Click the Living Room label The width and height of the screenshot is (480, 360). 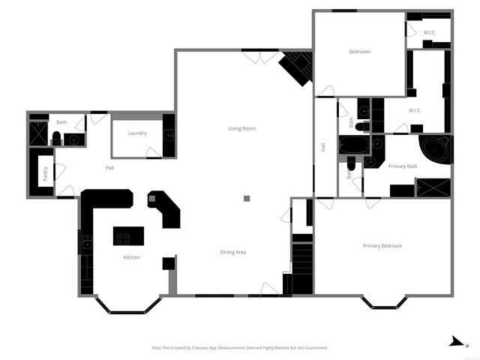242,129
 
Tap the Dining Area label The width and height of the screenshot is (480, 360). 233,252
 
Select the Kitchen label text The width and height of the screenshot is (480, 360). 132,257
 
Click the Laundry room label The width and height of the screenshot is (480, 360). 137,133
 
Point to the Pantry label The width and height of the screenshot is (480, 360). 46,173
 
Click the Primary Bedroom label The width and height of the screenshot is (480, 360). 382,246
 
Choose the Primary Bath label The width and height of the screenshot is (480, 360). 403,166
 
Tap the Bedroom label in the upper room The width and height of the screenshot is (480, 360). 359,52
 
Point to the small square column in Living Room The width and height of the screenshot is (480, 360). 247,199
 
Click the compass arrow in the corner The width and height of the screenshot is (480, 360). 454,342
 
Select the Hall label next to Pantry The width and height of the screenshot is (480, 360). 109,167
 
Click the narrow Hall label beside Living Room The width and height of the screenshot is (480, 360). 324,148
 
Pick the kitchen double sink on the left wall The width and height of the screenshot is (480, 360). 87,241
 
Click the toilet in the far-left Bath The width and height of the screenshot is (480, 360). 56,137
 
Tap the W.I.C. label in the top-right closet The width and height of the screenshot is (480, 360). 430,33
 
